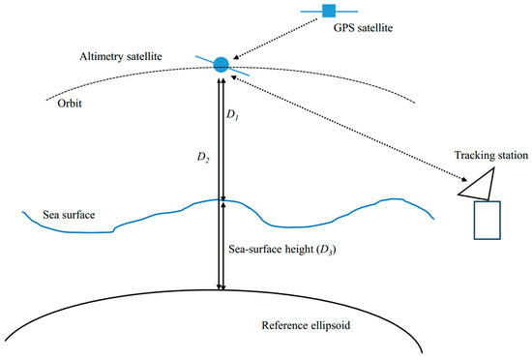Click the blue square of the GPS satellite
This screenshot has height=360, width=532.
pyautogui.click(x=328, y=11)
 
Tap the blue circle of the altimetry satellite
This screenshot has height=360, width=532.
pyautogui.click(x=221, y=64)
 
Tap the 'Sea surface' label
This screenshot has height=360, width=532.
pyautogui.click(x=69, y=214)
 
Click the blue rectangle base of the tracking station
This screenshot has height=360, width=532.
pyautogui.click(x=487, y=219)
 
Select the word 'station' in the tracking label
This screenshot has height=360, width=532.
pyautogui.click(x=508, y=157)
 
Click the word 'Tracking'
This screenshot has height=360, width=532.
pyautogui.click(x=474, y=157)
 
